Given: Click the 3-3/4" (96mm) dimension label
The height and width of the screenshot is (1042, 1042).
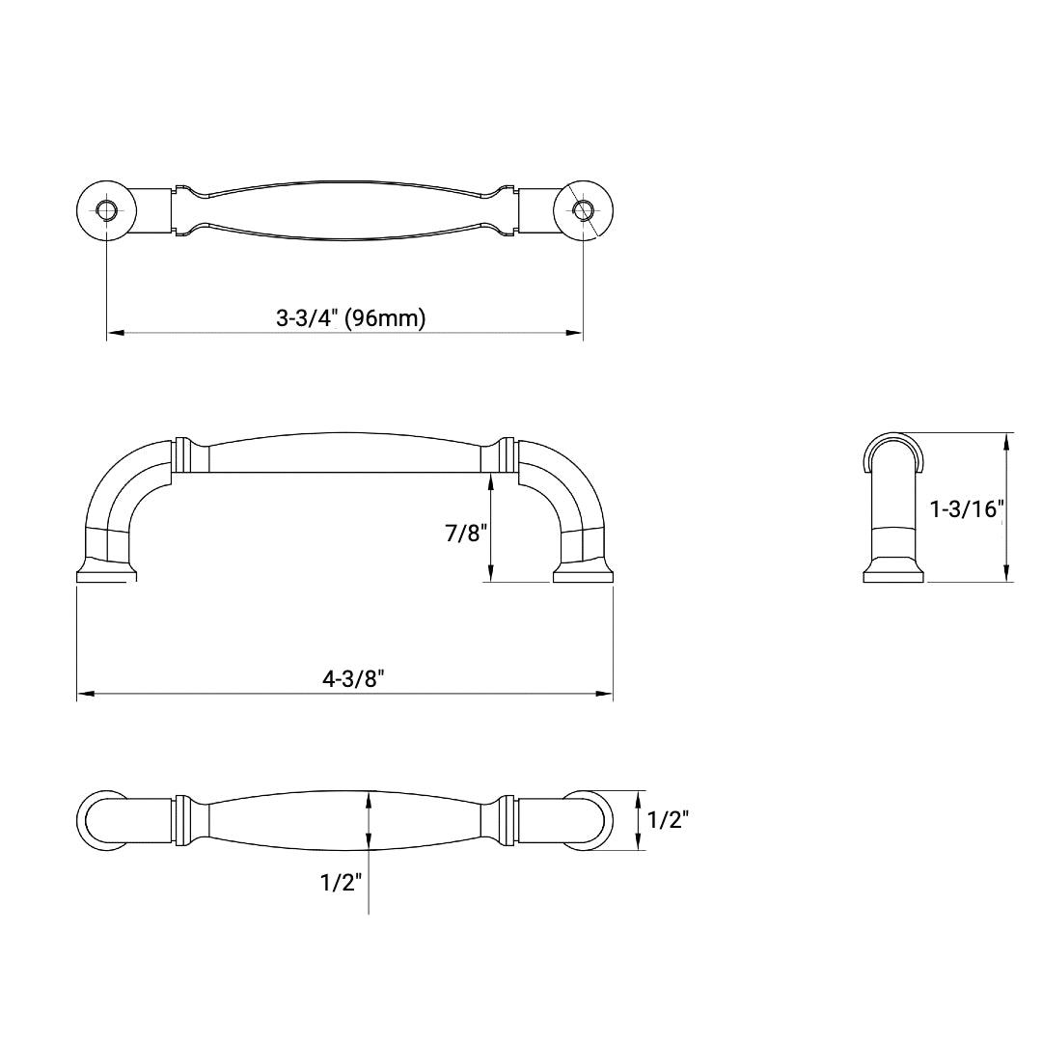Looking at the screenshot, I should point(350,318).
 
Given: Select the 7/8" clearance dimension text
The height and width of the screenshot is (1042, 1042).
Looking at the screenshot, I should point(466,533).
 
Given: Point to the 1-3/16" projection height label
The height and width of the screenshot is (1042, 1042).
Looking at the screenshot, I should point(967,509).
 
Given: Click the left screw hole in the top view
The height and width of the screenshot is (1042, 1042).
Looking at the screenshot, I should point(106,209).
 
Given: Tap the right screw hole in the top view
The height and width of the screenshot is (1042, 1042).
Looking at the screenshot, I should point(583,209).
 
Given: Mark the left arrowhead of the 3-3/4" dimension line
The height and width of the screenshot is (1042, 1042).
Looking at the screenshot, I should point(114,334).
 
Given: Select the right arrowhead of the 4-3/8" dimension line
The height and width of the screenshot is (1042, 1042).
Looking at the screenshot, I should point(605,695).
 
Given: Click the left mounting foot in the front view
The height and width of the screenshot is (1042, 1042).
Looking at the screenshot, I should point(105,574).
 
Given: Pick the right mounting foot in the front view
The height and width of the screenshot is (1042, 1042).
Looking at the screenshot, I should point(583,574).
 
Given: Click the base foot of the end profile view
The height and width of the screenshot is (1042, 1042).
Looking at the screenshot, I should point(892,573).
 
